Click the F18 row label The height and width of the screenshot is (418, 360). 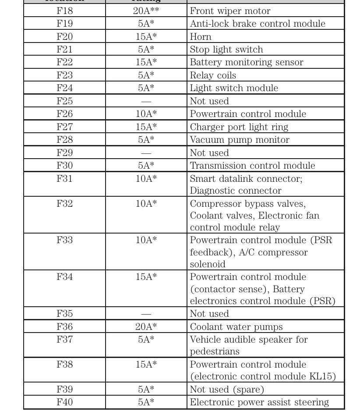click(x=65, y=11)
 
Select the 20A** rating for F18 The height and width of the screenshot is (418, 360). click(x=146, y=11)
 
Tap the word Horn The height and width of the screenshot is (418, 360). click(x=201, y=37)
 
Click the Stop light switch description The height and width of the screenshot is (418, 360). click(x=226, y=50)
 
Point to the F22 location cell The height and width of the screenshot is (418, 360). click(x=65, y=62)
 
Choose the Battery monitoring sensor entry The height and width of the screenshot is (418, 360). click(x=246, y=62)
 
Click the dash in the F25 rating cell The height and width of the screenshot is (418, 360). click(x=146, y=102)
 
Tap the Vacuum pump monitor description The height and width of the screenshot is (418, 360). click(x=240, y=140)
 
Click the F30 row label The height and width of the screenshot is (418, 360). click(x=65, y=166)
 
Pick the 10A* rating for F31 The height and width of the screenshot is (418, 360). click(x=146, y=179)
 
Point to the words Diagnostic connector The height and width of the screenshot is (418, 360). click(x=236, y=191)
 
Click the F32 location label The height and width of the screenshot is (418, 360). click(x=65, y=204)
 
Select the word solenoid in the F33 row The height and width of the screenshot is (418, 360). click(x=208, y=264)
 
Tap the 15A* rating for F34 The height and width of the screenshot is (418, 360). click(x=146, y=277)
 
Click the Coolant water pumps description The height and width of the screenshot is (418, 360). click(x=236, y=327)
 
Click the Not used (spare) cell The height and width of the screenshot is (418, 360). click(x=227, y=390)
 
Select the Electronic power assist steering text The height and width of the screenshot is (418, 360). click(x=259, y=402)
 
